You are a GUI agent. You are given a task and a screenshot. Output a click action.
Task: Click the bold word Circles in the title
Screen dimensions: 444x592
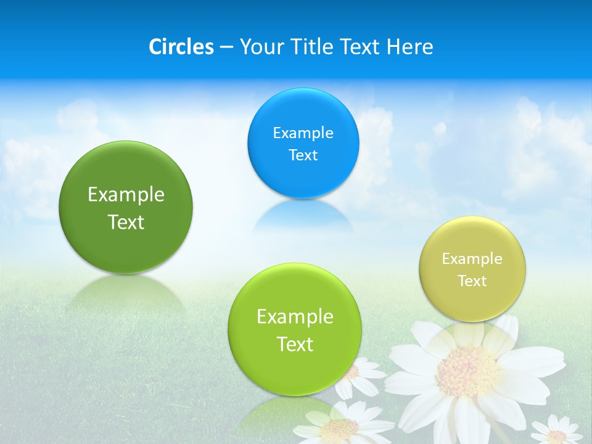pyautogui.click(x=181, y=47)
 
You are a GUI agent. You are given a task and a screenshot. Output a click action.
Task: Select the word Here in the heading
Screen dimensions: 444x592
pyautogui.click(x=409, y=47)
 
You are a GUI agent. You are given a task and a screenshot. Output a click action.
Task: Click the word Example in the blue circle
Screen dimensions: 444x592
pyautogui.click(x=303, y=133)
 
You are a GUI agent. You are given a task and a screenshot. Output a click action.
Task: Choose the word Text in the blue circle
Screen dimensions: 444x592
pyautogui.click(x=303, y=155)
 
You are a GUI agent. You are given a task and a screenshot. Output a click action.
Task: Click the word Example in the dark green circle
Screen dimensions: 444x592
pyautogui.click(x=126, y=195)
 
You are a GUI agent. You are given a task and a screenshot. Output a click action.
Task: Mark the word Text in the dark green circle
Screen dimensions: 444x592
pyautogui.click(x=126, y=222)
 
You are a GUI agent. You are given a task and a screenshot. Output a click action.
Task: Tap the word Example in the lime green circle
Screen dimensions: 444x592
pyautogui.click(x=295, y=317)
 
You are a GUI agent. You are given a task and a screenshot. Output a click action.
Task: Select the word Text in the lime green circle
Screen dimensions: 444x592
pyautogui.click(x=295, y=344)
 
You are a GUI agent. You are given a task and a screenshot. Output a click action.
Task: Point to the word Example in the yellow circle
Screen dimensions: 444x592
pyautogui.click(x=472, y=259)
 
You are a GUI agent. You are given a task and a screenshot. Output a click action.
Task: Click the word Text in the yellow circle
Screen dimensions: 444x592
pyautogui.click(x=472, y=281)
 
